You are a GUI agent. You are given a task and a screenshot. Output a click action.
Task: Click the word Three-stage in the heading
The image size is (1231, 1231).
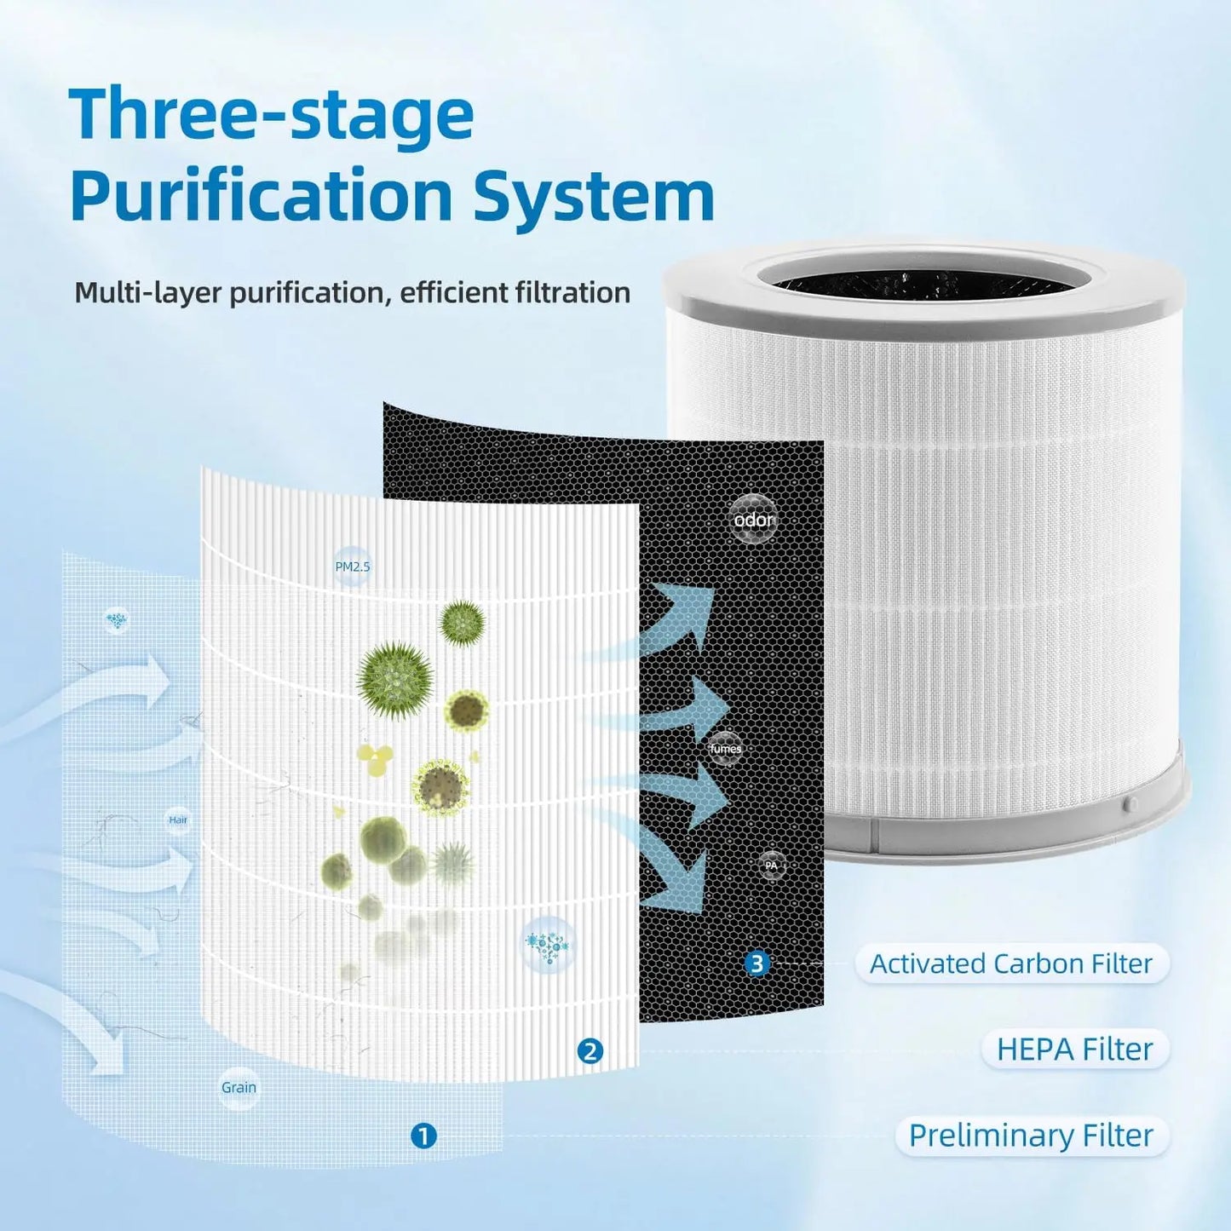271,116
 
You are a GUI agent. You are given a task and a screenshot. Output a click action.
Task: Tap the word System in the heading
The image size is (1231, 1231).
593,196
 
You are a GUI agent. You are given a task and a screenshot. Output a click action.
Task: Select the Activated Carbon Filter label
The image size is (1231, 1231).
1011,964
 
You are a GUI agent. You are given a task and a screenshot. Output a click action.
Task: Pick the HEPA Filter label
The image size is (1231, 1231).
1074,1050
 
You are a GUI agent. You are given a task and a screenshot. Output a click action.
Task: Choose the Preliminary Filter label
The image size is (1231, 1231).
1031,1136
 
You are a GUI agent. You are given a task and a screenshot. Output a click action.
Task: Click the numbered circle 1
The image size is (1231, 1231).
423,1136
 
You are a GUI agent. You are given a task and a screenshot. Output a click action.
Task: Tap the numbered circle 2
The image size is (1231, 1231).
590,1051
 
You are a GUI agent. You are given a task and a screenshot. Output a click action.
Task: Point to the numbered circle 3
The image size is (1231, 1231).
756,964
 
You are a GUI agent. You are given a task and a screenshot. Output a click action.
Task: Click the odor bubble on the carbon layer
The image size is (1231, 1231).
754,520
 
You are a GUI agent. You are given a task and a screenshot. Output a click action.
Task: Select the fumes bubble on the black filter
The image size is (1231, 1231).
725,749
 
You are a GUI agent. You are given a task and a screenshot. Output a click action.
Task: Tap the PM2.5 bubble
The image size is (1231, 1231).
353,567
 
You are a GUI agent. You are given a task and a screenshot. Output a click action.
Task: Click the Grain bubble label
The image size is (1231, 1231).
239,1088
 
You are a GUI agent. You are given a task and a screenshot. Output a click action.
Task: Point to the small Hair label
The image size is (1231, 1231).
178,820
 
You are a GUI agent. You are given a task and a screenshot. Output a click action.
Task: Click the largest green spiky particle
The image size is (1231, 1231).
394,680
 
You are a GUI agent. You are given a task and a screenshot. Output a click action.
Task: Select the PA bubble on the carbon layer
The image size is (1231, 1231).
771,866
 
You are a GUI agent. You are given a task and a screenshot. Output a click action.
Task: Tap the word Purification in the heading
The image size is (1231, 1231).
261,196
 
